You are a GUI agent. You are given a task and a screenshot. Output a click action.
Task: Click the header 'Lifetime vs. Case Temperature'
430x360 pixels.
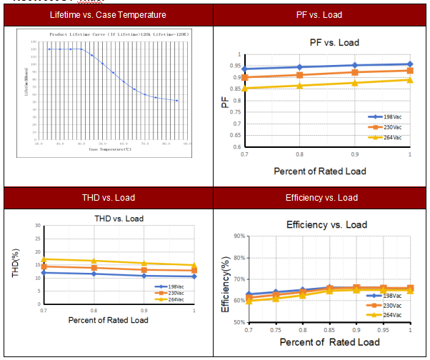pyautogui.click(x=109, y=14)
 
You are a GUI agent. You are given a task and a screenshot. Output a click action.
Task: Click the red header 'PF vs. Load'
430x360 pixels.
pyautogui.click(x=321, y=14)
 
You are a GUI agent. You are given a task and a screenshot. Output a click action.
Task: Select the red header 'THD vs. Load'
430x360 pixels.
pyautogui.click(x=109, y=198)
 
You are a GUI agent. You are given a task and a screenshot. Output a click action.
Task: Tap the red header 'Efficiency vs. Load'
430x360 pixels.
pyautogui.click(x=321, y=198)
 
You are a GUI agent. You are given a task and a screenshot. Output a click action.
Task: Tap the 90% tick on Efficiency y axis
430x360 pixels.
pyautogui.click(x=239, y=236)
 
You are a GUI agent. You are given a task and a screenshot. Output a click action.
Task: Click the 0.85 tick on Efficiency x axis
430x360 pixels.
pyautogui.click(x=329, y=331)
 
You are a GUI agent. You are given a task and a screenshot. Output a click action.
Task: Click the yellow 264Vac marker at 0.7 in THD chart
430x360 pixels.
pyautogui.click(x=44, y=259)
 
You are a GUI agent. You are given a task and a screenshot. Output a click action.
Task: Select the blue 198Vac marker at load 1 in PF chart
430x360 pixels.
pyautogui.click(x=409, y=64)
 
